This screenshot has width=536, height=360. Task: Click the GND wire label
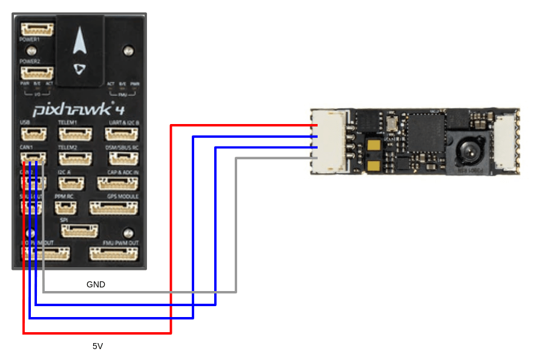pyautogui.click(x=96, y=284)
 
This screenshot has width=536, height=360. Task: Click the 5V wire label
pyautogui.click(x=97, y=346)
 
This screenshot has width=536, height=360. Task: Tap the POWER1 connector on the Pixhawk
pyautogui.click(x=38, y=30)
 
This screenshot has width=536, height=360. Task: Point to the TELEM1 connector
pyautogui.click(x=76, y=133)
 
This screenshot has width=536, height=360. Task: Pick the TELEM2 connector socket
pyautogui.click(x=76, y=158)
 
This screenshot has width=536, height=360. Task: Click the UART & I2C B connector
pyautogui.click(x=125, y=133)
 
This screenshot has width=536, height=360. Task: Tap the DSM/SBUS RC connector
pyautogui.click(x=125, y=158)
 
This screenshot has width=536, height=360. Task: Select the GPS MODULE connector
pyautogui.click(x=114, y=208)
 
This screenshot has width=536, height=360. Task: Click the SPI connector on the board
pyautogui.click(x=79, y=231)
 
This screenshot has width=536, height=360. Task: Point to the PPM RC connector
pyautogui.click(x=65, y=208)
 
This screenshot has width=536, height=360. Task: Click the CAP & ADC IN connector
pyautogui.click(x=117, y=183)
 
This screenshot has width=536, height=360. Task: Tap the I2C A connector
pyautogui.click(x=72, y=183)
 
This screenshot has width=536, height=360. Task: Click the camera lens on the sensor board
pyautogui.click(x=468, y=149)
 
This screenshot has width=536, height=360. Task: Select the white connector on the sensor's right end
pyautogui.click(x=506, y=143)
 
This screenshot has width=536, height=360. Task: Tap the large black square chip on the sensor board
pyautogui.click(x=425, y=133)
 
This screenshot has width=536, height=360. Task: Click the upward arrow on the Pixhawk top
pyautogui.click(x=79, y=43)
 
